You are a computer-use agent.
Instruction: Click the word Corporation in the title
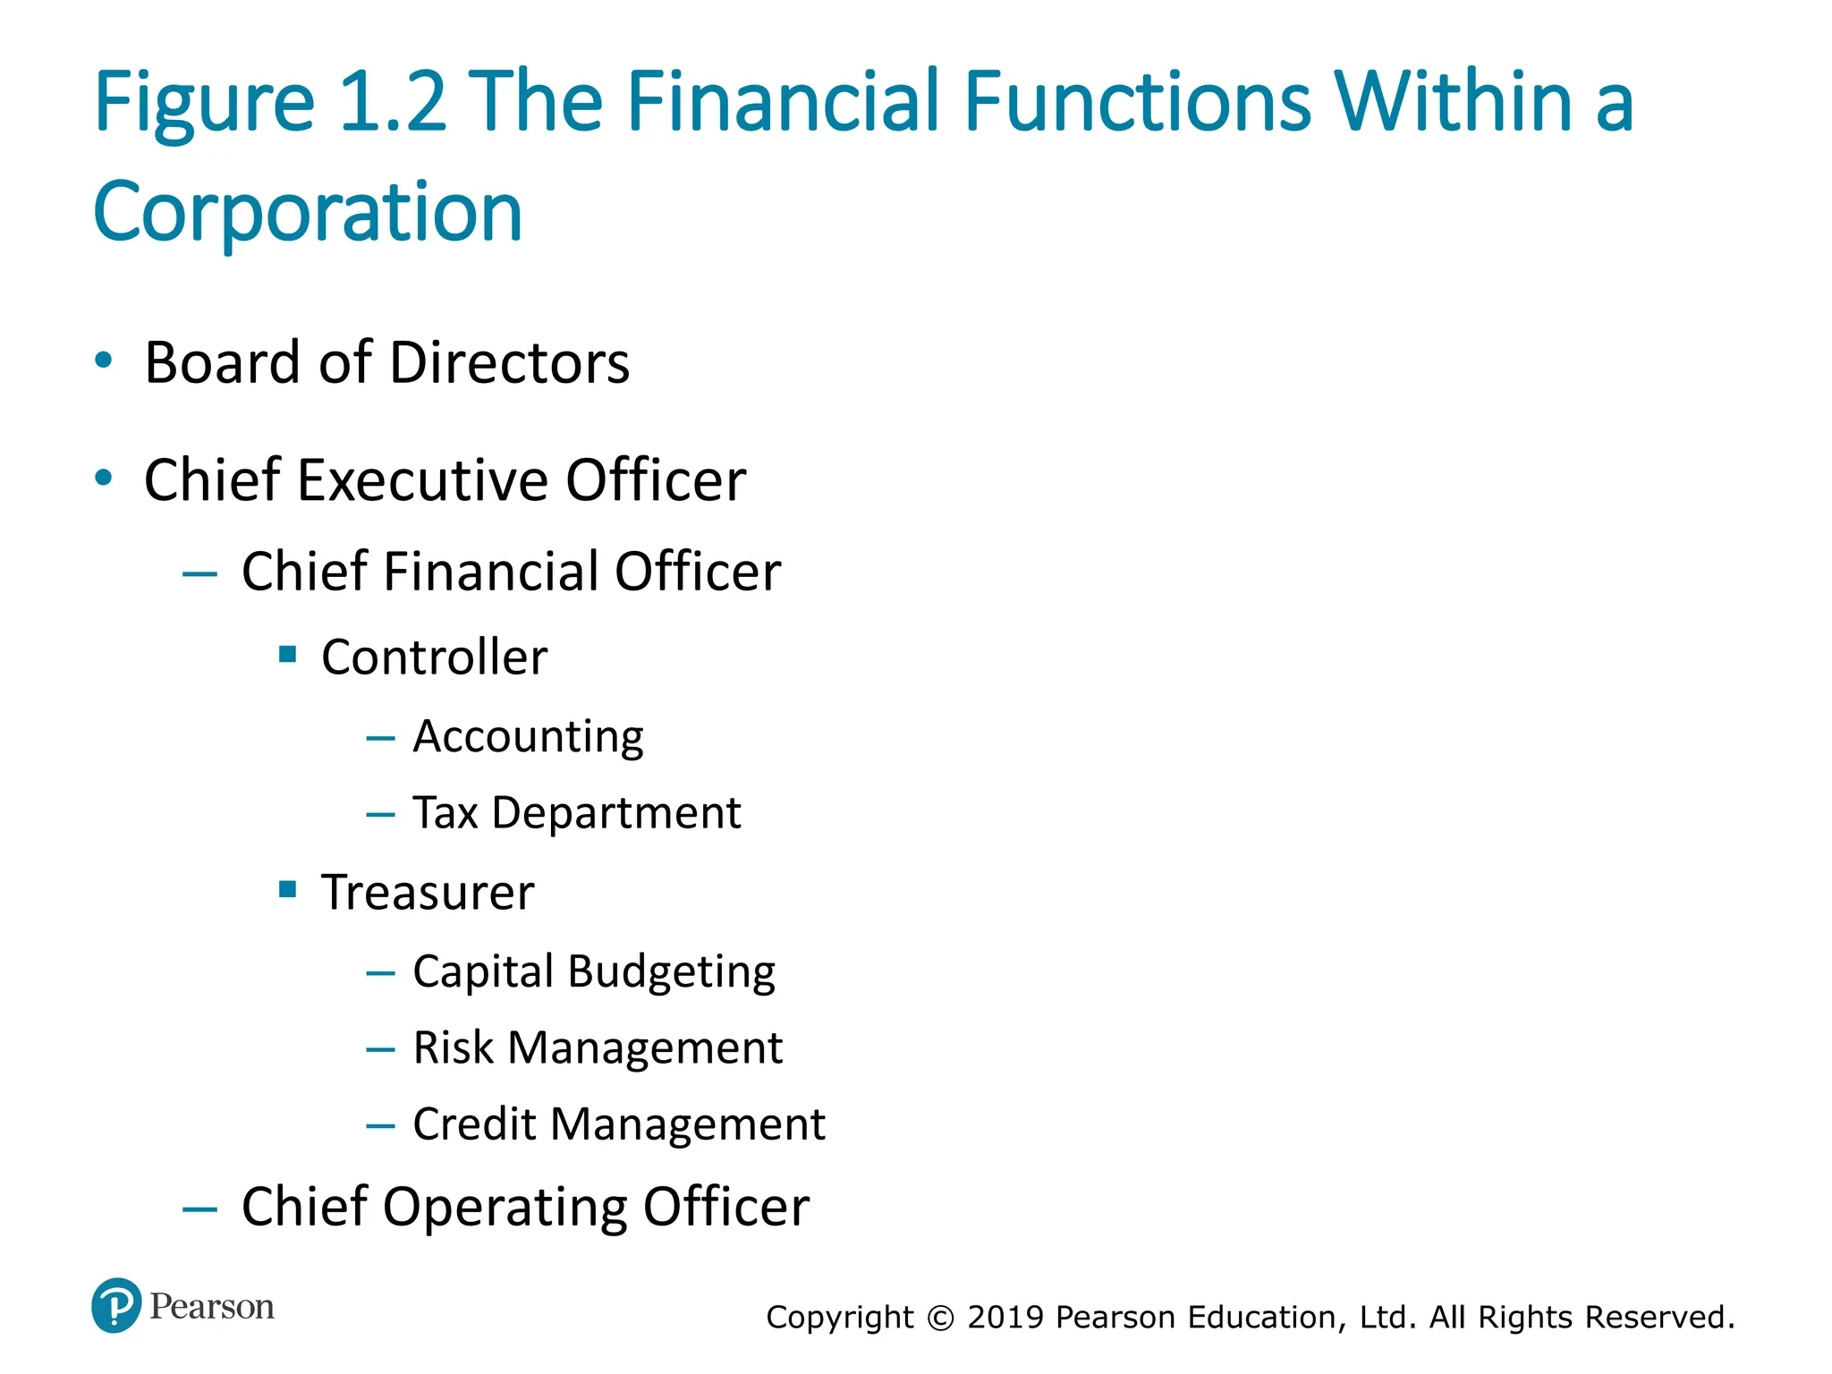pyautogui.click(x=308, y=213)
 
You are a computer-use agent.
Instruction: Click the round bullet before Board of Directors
pyautogui.click(x=104, y=360)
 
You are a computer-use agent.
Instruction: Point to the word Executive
pyautogui.click(x=422, y=480)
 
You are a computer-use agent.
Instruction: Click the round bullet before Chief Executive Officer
pyautogui.click(x=104, y=478)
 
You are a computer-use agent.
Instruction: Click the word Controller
pyautogui.click(x=434, y=657)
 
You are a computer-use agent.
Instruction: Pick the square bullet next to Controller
pyautogui.click(x=287, y=654)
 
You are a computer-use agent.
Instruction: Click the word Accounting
pyautogui.click(x=528, y=737)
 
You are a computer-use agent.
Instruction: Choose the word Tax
pyautogui.click(x=445, y=813)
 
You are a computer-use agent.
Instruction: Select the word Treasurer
pyautogui.click(x=428, y=893)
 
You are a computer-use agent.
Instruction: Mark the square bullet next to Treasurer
pyautogui.click(x=287, y=889)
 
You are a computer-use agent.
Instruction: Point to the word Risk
pyautogui.click(x=453, y=1047)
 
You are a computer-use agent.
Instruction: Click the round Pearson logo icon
pyautogui.click(x=116, y=1305)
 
